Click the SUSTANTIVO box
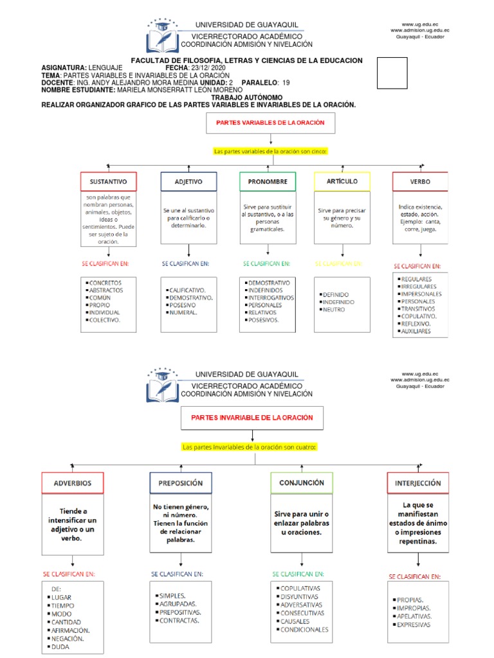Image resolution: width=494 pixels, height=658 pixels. [108, 182]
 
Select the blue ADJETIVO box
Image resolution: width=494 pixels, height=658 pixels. [188, 182]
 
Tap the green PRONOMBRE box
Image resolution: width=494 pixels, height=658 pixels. [268, 182]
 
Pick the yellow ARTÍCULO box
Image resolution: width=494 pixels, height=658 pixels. [342, 181]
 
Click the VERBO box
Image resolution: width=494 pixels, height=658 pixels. [420, 182]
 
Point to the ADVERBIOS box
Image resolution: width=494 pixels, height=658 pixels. [73, 483]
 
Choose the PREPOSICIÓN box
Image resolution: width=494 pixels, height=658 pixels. [181, 483]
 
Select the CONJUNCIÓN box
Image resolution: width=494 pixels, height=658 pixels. [302, 482]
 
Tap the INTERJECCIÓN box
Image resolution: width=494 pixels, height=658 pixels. [418, 483]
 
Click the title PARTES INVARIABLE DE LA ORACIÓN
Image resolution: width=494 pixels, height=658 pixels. [252, 418]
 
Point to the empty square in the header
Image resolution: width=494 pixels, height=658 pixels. [392, 73]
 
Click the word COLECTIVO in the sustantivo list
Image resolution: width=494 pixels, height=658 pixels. [105, 319]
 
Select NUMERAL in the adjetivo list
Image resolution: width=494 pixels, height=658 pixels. [183, 312]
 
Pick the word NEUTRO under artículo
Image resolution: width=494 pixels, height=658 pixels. [334, 310]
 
